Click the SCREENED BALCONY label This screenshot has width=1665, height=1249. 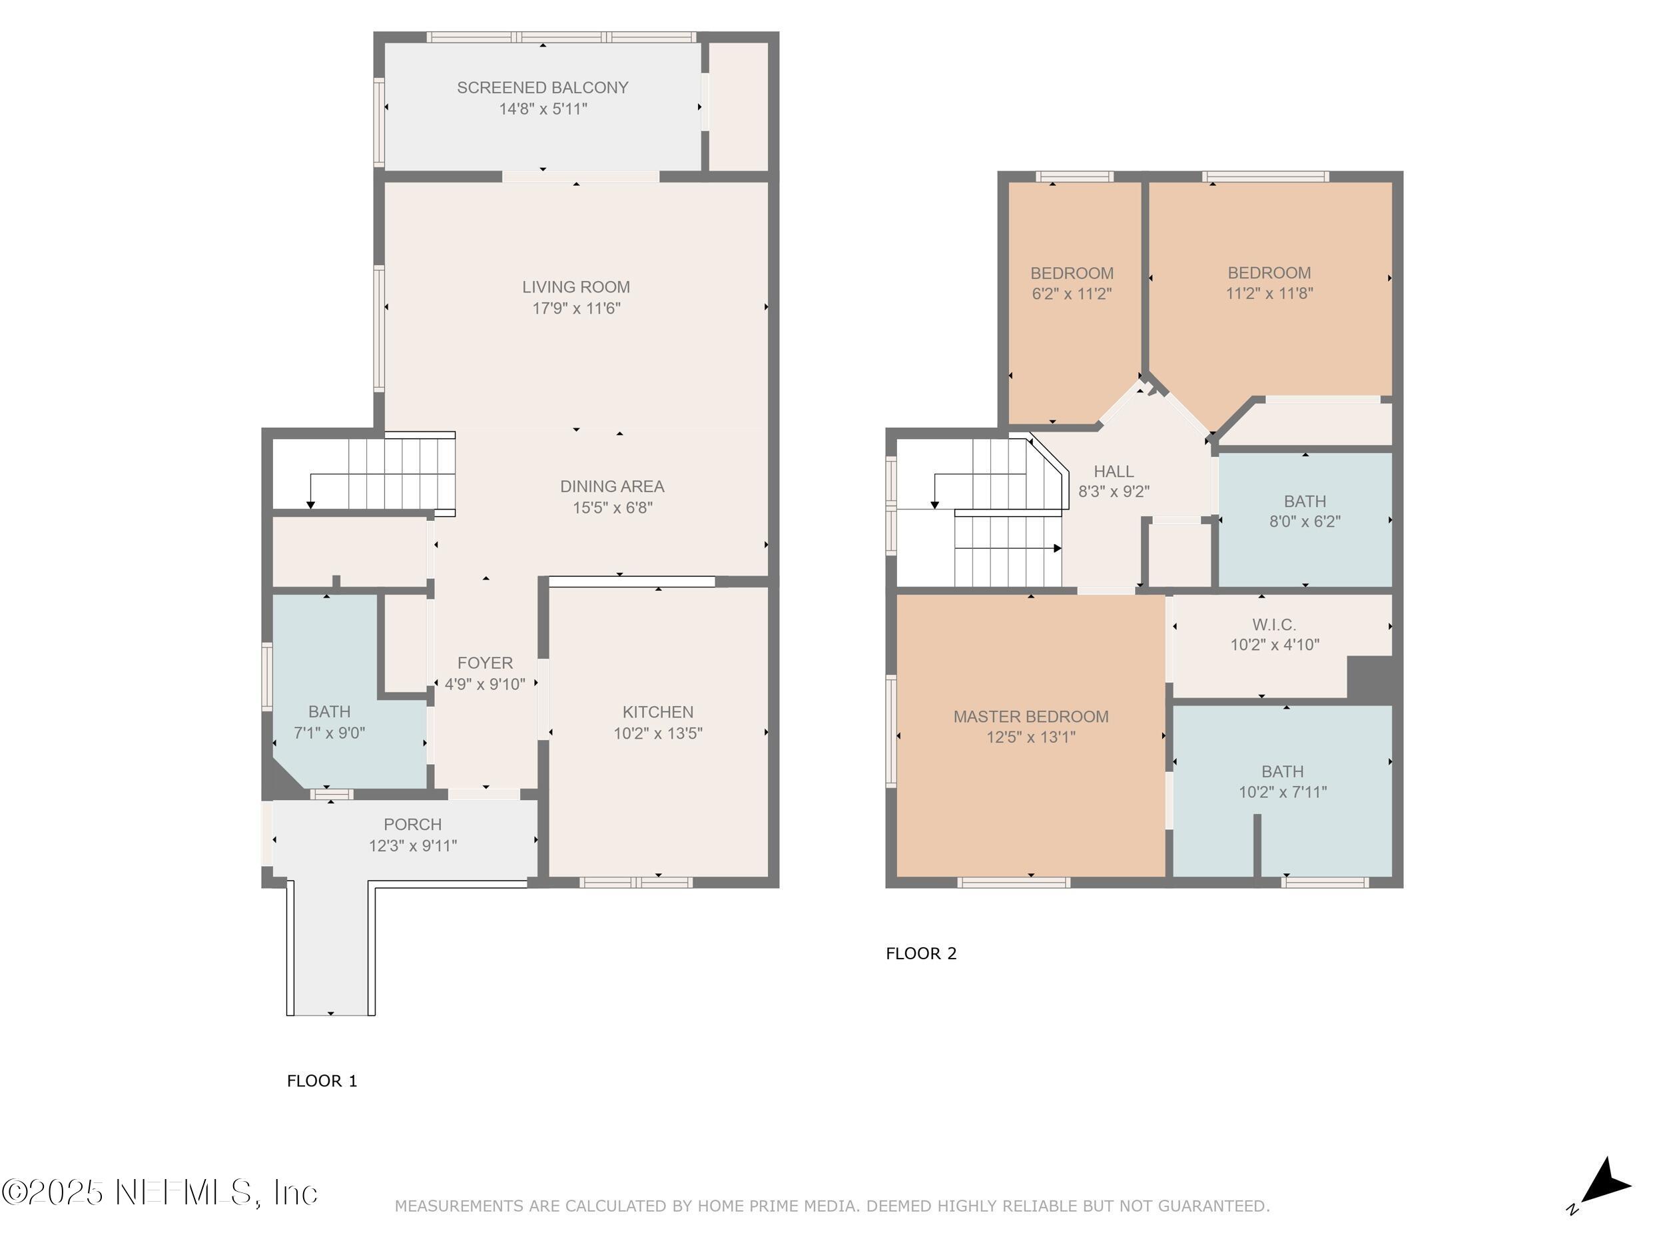pyautogui.click(x=542, y=87)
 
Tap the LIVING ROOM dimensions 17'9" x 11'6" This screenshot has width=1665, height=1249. pyautogui.click(x=576, y=308)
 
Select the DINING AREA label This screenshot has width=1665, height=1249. pyautogui.click(x=611, y=486)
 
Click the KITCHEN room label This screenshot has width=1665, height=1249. pyautogui.click(x=657, y=711)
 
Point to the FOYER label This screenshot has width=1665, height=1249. pyautogui.click(x=485, y=663)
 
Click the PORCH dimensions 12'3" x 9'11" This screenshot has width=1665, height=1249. pyautogui.click(x=412, y=845)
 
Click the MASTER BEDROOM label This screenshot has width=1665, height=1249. pyautogui.click(x=1030, y=717)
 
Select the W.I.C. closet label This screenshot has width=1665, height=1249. pyautogui.click(x=1273, y=625)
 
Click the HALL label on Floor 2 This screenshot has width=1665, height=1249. pyautogui.click(x=1114, y=472)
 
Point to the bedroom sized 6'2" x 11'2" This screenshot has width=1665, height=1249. pyautogui.click(x=1071, y=283)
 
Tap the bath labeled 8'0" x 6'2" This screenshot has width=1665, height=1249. pyautogui.click(x=1305, y=511)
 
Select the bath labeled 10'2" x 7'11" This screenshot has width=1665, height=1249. pyautogui.click(x=1282, y=781)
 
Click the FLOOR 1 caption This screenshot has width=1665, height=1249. pyautogui.click(x=322, y=1081)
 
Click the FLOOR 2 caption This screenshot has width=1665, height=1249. pyautogui.click(x=920, y=954)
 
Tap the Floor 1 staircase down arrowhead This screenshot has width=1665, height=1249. pyautogui.click(x=310, y=505)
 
